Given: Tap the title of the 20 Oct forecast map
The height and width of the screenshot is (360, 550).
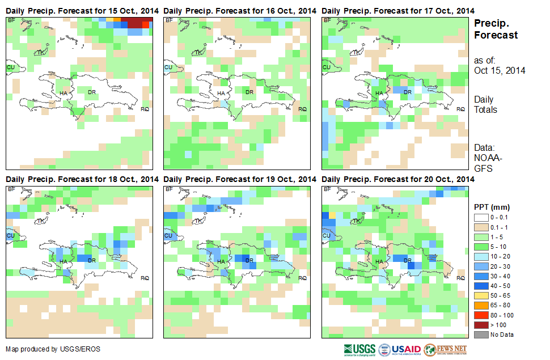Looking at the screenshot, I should coord(398,179).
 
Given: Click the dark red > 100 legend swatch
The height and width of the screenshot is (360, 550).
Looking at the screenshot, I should coord(483,325).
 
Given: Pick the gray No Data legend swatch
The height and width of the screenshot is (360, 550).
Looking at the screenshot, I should coord(483,334).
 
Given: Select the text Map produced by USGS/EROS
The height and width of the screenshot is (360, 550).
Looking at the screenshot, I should coord(53,349).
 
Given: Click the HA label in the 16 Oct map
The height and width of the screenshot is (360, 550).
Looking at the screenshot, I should coord(221,94).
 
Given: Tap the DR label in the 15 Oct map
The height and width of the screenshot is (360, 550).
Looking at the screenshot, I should coord(91,91).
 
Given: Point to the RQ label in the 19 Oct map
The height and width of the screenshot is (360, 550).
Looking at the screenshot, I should coord(302,278).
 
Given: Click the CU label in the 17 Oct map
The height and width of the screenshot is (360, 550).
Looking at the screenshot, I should coord(326,67).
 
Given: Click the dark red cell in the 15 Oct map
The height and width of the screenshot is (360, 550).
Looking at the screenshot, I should coord(136,22).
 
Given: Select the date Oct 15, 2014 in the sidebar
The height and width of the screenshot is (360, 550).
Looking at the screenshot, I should coord(500,71).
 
